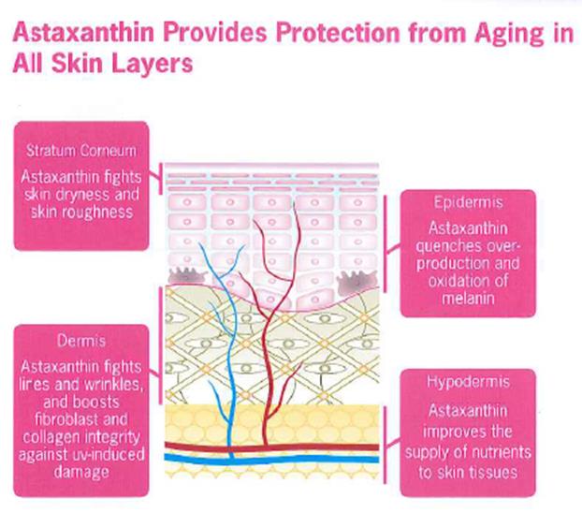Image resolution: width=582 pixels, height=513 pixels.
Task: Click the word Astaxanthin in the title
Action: pyautogui.click(x=83, y=33)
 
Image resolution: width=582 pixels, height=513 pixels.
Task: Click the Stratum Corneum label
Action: pyautogui.click(x=81, y=151)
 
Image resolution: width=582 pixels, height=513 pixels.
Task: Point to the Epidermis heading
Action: pyautogui.click(x=469, y=203)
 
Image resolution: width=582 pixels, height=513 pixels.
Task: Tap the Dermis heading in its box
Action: pyautogui.click(x=81, y=341)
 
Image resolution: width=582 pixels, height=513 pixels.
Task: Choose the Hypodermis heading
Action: pyautogui.click(x=468, y=382)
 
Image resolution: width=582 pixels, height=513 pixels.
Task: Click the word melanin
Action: pyautogui.click(x=468, y=299)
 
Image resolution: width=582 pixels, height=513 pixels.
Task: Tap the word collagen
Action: pyautogui.click(x=51, y=437)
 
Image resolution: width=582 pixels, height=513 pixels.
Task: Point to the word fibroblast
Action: pyautogui.click(x=67, y=419)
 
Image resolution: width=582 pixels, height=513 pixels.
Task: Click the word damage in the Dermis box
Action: pyautogui.click(x=81, y=473)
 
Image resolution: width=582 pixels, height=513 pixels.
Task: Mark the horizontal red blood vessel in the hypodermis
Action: pyautogui.click(x=271, y=447)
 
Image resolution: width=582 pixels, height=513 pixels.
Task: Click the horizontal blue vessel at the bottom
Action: pyautogui.click(x=271, y=459)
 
